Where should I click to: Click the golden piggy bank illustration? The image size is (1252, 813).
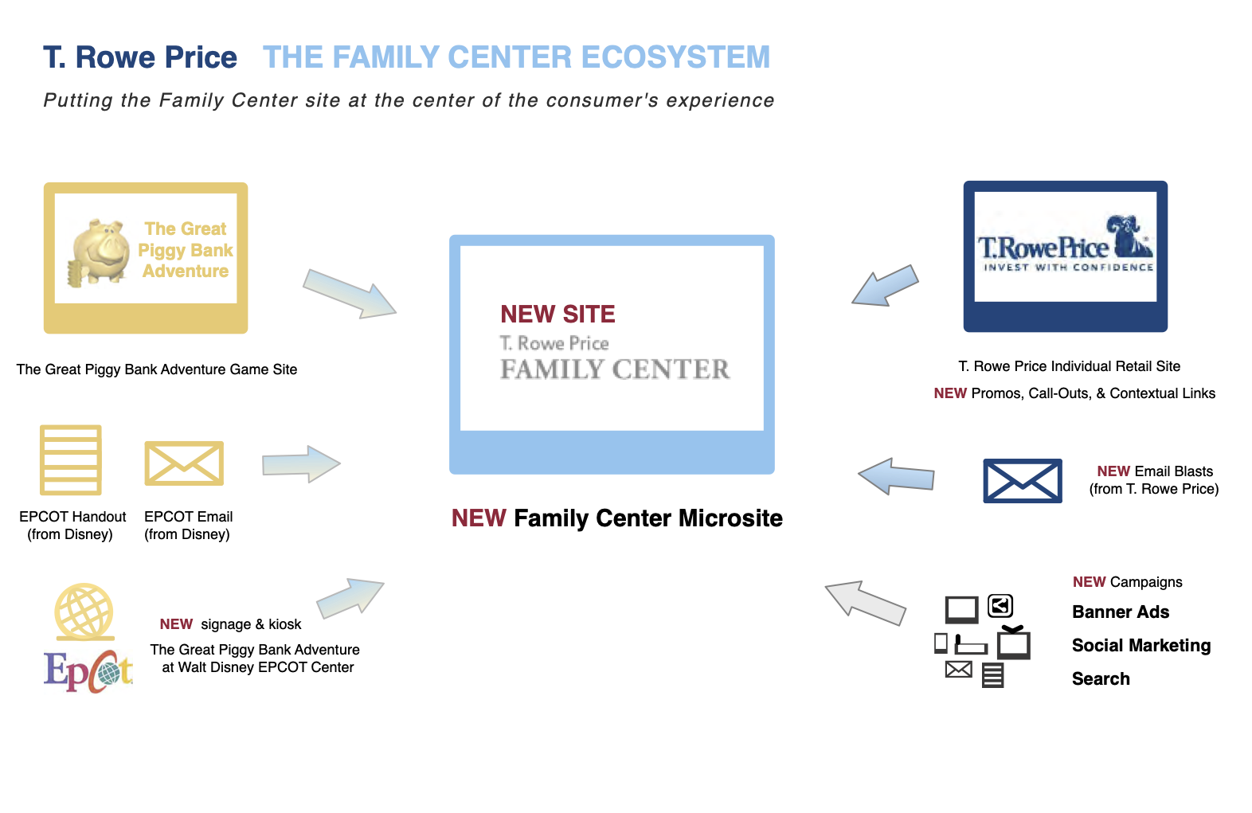100,252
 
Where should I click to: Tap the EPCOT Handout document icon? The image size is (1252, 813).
71,459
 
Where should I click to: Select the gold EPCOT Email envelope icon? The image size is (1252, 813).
184,463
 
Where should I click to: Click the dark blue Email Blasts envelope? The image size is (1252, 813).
1023,480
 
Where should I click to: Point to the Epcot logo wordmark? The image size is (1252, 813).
88,671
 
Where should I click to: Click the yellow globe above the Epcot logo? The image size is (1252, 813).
84,612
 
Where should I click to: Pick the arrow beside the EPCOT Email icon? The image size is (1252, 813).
301,463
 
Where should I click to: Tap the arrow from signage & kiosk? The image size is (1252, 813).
350,598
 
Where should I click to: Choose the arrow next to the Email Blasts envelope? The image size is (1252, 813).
896,476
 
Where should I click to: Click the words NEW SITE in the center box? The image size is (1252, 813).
558,315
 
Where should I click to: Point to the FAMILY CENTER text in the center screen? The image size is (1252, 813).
615,369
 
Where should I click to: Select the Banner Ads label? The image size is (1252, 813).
1121,612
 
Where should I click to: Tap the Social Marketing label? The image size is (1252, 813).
1140,646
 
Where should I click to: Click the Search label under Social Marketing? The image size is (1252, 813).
1101,679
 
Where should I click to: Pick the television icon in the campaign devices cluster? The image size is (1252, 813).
1014,643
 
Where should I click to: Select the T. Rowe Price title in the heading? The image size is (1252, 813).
140,57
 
